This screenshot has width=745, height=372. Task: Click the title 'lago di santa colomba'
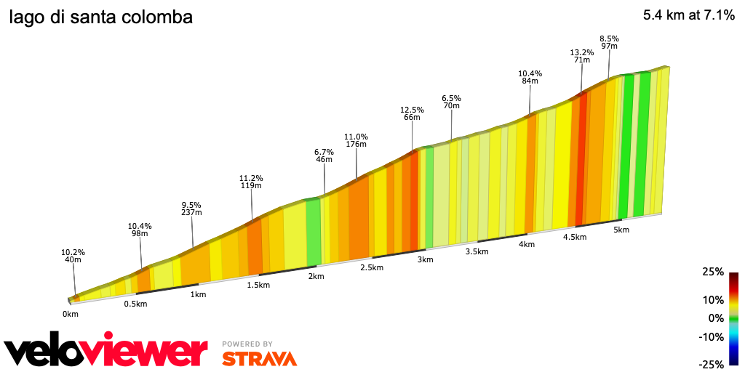[101, 17]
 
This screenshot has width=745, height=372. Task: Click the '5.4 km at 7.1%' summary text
[688, 15]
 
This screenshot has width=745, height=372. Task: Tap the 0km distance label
[70, 314]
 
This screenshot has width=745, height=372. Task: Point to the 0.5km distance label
[135, 304]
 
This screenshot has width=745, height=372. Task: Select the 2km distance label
[316, 276]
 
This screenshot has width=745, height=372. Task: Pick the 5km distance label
[621, 230]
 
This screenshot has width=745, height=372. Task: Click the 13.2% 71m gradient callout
[582, 56]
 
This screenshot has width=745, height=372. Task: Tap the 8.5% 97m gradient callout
[609, 42]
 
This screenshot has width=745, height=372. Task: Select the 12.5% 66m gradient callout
[412, 113]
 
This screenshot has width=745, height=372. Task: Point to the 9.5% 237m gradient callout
[191, 209]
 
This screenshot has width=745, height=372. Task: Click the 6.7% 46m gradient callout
[324, 156]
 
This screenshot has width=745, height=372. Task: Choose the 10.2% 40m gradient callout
[73, 256]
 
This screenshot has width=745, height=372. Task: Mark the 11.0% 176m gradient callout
[356, 140]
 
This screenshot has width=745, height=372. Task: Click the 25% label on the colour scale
[714, 272]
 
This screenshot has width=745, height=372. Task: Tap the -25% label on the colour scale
[712, 364]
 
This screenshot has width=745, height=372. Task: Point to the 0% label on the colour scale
[717, 318]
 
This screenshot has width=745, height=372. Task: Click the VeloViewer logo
[105, 350]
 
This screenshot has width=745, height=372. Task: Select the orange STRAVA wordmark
[259, 358]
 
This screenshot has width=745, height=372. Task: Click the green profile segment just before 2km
[314, 231]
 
